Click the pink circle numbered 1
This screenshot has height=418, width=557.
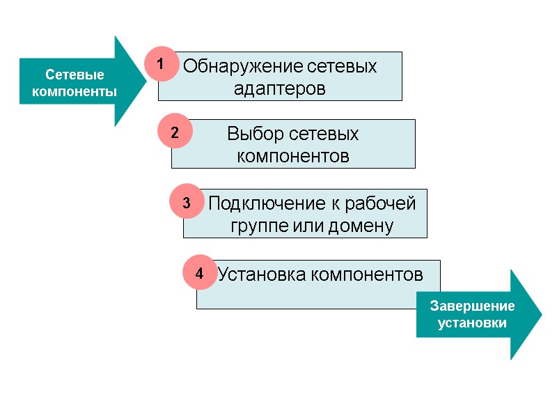pyautogui.click(x=161, y=64)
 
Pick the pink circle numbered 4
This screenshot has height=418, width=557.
pyautogui.click(x=199, y=274)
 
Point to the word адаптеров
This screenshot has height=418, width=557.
pyautogui.click(x=280, y=90)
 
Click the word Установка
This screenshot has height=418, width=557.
pyautogui.click(x=262, y=275)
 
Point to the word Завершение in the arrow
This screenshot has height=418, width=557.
pyautogui.click(x=472, y=306)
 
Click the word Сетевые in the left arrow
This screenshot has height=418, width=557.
pyautogui.click(x=74, y=75)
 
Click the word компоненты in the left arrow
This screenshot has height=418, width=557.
pyautogui.click(x=74, y=91)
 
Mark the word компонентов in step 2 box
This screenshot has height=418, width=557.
pyautogui.click(x=293, y=156)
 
